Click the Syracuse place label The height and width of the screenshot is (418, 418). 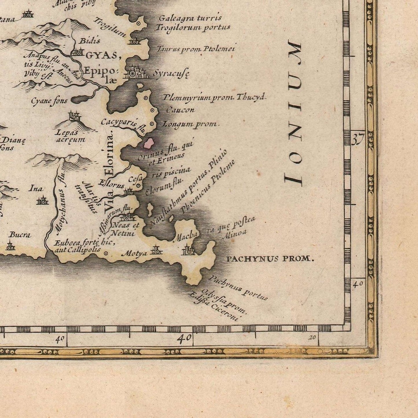[x=171, y=74]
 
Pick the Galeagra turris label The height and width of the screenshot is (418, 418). [x=190, y=18]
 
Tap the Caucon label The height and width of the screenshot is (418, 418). [x=180, y=110]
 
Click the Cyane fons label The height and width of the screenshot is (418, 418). [x=49, y=101]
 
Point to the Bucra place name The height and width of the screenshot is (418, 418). [x=20, y=235]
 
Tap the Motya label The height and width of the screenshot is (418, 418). [x=134, y=254]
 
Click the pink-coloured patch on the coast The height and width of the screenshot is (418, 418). [x=149, y=143]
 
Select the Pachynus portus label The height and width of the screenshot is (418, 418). [x=238, y=288]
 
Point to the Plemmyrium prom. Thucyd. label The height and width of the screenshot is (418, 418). [x=214, y=97]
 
